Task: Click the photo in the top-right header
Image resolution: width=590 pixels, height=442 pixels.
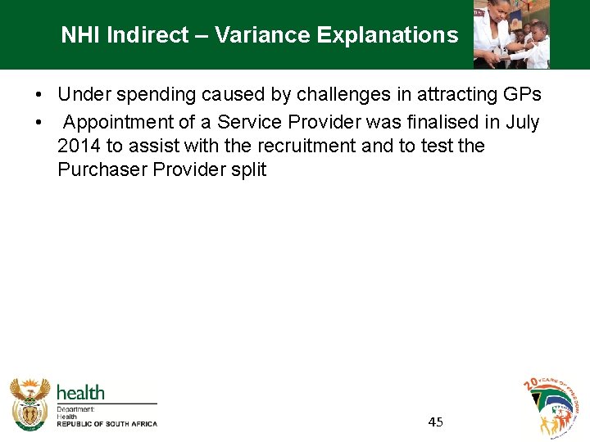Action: click(x=511, y=34)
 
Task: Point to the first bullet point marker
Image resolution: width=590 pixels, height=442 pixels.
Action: click(x=39, y=96)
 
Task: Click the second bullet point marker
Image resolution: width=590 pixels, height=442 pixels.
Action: click(x=39, y=123)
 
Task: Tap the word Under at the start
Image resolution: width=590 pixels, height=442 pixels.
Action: click(x=82, y=95)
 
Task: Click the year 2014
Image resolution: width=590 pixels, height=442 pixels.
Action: click(x=79, y=147)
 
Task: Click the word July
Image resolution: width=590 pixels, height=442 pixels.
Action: click(x=520, y=123)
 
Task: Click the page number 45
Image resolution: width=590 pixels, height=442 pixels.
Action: click(x=435, y=422)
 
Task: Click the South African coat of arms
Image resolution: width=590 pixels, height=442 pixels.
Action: click(x=30, y=404)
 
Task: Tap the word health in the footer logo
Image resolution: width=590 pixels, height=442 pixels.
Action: click(x=80, y=393)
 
